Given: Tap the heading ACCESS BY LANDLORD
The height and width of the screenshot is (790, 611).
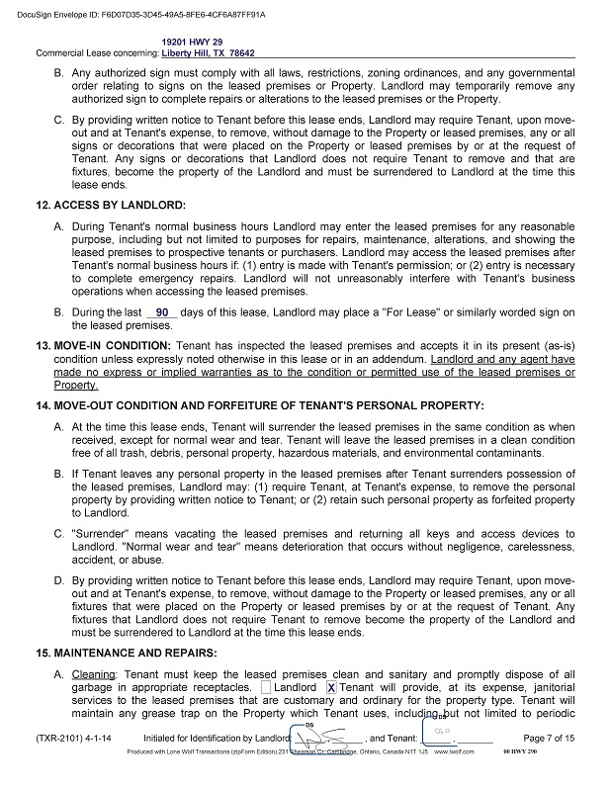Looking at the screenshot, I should click(110, 205).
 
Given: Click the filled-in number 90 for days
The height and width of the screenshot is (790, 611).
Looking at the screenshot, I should click(163, 312).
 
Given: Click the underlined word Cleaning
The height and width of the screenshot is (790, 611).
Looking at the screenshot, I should click(94, 674).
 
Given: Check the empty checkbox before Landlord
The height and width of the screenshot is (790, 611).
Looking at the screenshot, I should click(267, 687).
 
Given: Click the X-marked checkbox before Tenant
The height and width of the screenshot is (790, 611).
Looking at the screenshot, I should click(331, 687).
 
